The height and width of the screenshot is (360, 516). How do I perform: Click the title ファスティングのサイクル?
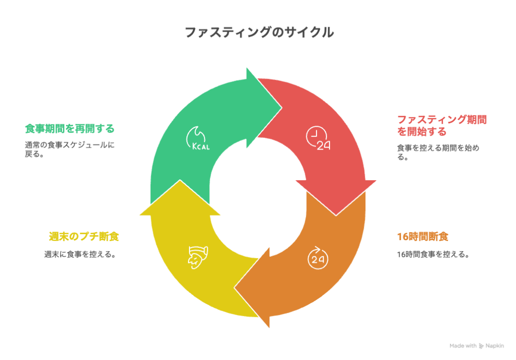tap(260, 32)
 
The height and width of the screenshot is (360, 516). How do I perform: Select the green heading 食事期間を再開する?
tap(70, 128)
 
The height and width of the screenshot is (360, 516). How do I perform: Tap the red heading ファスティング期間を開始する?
tap(441, 125)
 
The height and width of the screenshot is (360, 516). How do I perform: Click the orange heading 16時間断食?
tap(423, 236)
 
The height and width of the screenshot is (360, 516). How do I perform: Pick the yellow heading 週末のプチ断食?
tap(84, 236)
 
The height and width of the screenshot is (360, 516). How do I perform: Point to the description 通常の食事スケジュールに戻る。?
tap(70, 149)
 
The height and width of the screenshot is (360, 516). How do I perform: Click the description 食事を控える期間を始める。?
tap(438, 152)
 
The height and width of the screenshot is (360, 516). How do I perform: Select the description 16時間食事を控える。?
tap(433, 254)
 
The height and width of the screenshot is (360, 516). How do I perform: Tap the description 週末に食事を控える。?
tap(80, 254)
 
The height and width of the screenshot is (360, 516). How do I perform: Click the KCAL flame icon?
tap(198, 138)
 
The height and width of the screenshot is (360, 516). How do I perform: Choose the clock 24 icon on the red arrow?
tap(318, 138)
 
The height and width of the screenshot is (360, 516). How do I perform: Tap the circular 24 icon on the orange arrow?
tap(318, 258)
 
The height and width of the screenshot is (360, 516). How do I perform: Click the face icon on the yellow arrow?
tap(198, 257)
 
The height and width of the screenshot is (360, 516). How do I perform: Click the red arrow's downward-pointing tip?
tap(336, 215)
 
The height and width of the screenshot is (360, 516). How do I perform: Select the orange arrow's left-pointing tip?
tap(234, 288)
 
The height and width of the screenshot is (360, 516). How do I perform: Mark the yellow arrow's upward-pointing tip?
tap(180, 180)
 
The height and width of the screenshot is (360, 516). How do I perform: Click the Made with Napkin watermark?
tap(477, 345)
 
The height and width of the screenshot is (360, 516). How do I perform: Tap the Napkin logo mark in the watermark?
tap(481, 346)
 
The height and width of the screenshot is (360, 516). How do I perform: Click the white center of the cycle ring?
tap(259, 197)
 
